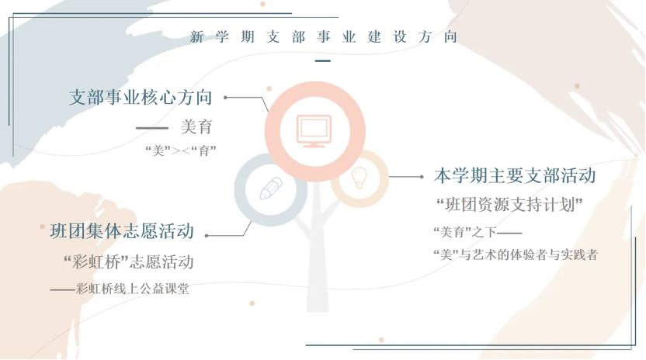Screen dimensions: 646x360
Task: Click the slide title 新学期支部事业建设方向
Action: (324, 36)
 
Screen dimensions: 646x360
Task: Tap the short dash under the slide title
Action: (322, 61)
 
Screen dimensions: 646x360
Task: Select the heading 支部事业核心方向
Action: (141, 97)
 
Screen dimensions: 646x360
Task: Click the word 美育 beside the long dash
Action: (196, 127)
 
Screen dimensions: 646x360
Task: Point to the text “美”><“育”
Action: (181, 151)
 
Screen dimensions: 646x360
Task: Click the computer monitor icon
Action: (314, 131)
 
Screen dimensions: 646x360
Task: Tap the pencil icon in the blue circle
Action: (271, 189)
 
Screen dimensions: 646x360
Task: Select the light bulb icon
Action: (359, 178)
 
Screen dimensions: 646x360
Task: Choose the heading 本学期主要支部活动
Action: (515, 176)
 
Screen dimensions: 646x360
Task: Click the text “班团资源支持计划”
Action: (509, 204)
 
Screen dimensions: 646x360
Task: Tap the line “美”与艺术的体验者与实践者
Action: (516, 254)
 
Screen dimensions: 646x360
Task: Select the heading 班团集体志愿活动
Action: (122, 231)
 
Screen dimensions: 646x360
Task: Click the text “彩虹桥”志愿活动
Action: (129, 262)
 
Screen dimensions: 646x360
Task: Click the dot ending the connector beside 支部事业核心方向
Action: (225, 98)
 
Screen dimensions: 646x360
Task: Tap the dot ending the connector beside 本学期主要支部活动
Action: (422, 177)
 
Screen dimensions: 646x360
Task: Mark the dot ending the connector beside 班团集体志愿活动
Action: (207, 236)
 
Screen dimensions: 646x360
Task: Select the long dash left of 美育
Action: (152, 128)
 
